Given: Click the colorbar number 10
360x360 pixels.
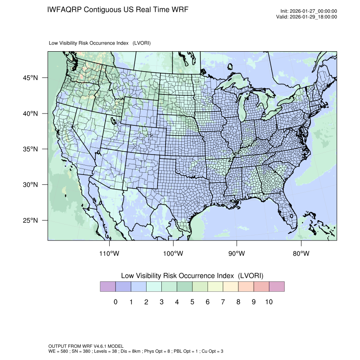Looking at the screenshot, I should click(269, 302).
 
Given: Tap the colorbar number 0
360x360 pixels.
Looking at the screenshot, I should click(115, 302).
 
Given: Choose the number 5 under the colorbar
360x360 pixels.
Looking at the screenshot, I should click(192, 302).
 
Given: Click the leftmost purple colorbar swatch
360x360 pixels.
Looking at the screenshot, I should click(108, 287).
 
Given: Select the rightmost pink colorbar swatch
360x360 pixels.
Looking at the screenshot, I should click(277, 287).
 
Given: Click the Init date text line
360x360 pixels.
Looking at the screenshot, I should click(309, 11).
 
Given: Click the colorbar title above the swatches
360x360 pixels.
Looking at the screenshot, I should click(192, 276).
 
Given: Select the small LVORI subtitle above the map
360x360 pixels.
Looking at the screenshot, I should click(100, 43).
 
